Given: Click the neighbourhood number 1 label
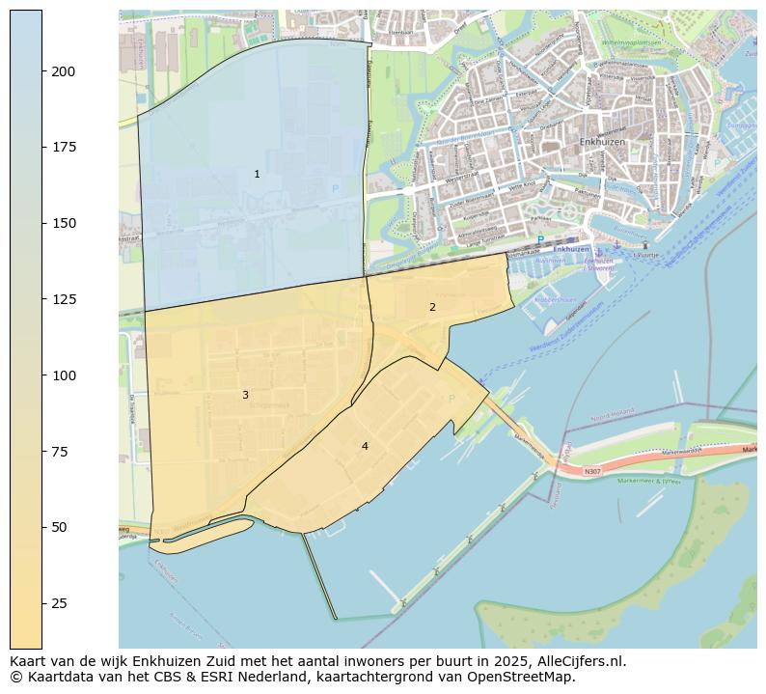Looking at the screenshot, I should pyautogui.click(x=257, y=174).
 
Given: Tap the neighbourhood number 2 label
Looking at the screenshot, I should pyautogui.click(x=432, y=307).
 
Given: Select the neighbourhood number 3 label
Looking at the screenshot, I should pyautogui.click(x=245, y=395).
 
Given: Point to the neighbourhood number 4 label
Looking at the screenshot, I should pyautogui.click(x=365, y=446).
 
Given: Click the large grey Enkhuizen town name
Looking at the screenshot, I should pyautogui.click(x=603, y=142).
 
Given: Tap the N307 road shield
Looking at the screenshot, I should pyautogui.click(x=592, y=472).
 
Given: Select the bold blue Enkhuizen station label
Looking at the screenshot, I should pyautogui.click(x=571, y=249).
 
